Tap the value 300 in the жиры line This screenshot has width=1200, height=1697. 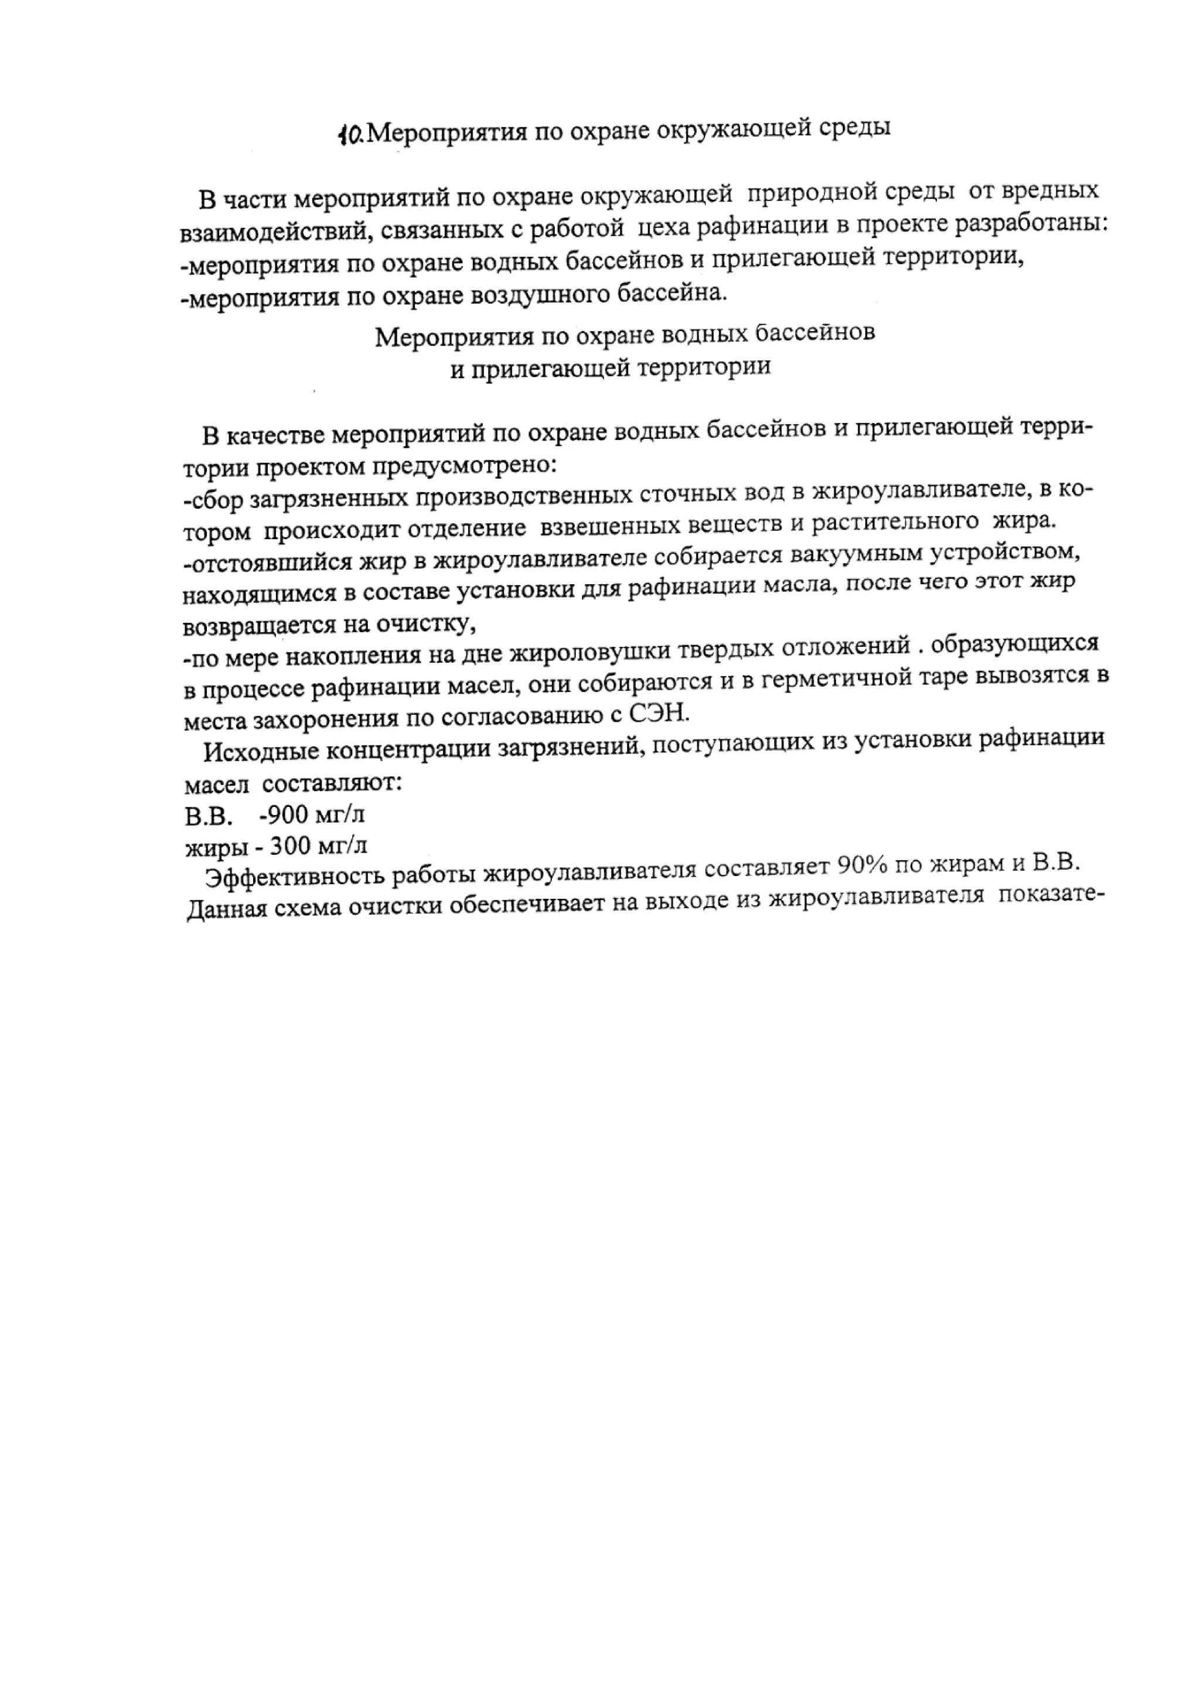pos(291,845)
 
